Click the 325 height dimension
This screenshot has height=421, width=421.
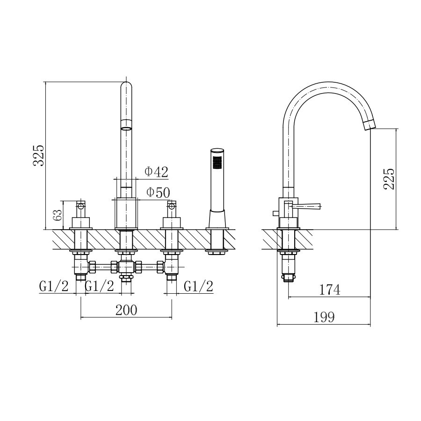pyautogui.click(x=38, y=155)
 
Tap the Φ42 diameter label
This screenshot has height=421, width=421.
pyautogui.click(x=157, y=172)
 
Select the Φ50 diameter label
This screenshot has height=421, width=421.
pyautogui.click(x=158, y=193)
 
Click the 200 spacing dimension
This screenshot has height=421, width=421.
pyautogui.click(x=126, y=310)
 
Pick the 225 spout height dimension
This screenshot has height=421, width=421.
pyautogui.click(x=389, y=179)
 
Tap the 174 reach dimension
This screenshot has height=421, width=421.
pyautogui.click(x=330, y=290)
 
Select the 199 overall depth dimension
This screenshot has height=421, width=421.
pyautogui.click(x=324, y=317)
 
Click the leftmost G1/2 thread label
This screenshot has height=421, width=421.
pyautogui.click(x=54, y=286)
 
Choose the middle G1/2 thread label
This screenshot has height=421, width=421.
pyautogui.click(x=99, y=286)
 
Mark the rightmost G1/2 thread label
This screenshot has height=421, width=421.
pyautogui.click(x=199, y=286)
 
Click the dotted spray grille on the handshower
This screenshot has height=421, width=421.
pyautogui.click(x=217, y=163)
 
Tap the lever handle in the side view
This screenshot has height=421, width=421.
pyautogui.click(x=306, y=206)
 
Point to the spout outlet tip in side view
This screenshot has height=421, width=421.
pyautogui.click(x=369, y=125)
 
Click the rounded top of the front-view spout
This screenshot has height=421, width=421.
pyautogui.click(x=126, y=86)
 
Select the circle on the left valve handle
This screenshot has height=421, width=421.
pyautogui.click(x=81, y=206)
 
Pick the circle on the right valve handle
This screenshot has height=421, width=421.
pyautogui.click(x=172, y=206)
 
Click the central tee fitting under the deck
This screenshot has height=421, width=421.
pyautogui.click(x=126, y=268)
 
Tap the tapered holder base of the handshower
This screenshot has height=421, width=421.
pyautogui.click(x=217, y=219)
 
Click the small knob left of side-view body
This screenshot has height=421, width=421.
pyautogui.click(x=276, y=213)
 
